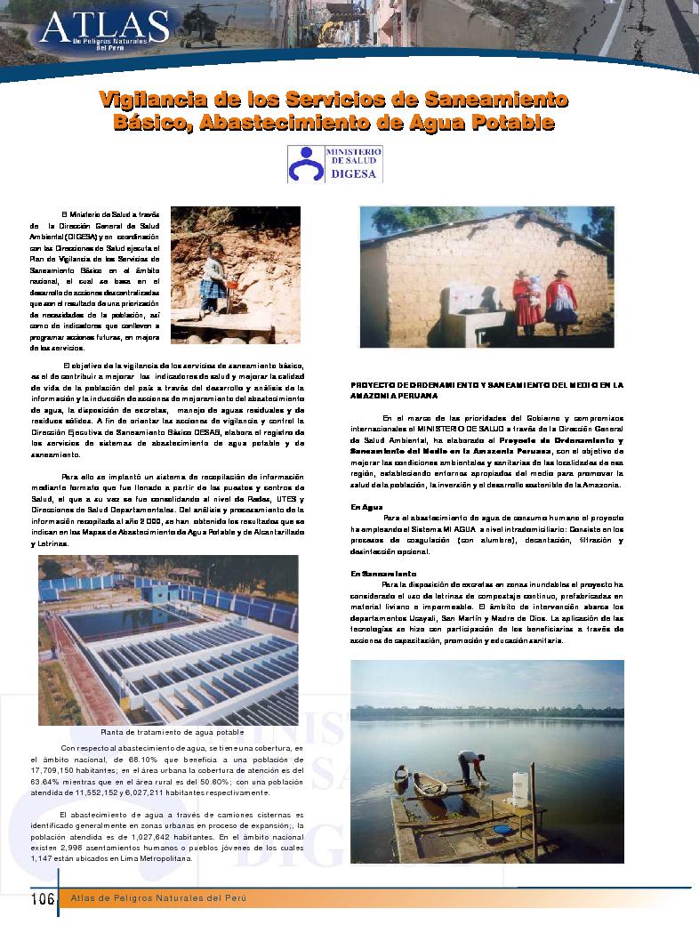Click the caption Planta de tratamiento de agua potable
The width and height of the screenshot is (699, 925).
click(172, 731)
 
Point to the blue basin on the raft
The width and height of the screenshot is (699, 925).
click(502, 829)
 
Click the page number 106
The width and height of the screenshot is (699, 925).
click(42, 897)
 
